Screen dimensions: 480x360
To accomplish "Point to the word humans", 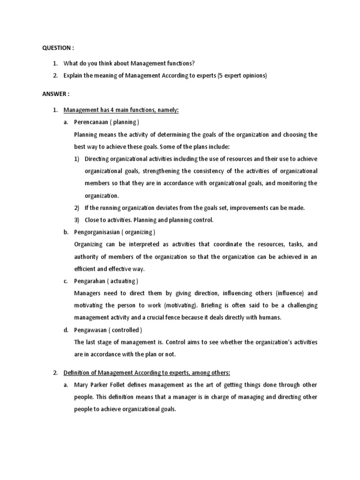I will coord(269,317).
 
